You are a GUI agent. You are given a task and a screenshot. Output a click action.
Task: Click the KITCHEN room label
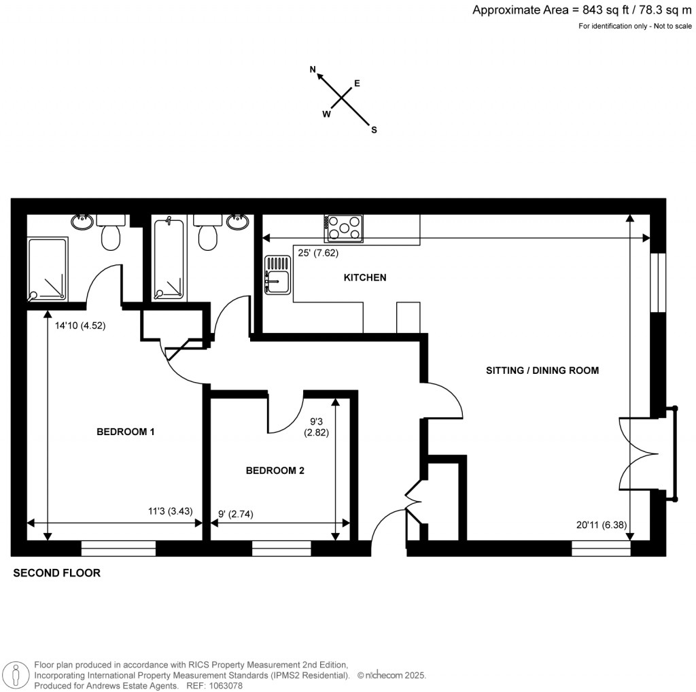pyautogui.click(x=365, y=277)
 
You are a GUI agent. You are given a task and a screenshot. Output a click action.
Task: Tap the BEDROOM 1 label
pyautogui.click(x=126, y=432)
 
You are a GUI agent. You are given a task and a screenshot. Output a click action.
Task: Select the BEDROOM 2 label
pyautogui.click(x=275, y=470)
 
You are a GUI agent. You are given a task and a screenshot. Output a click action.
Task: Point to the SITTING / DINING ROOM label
pyautogui.click(x=542, y=370)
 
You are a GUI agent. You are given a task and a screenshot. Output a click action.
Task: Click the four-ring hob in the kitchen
pyautogui.click(x=343, y=228)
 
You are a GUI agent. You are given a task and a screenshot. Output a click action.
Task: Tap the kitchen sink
pyautogui.click(x=278, y=275)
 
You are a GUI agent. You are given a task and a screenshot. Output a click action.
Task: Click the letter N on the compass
pyautogui.click(x=313, y=69)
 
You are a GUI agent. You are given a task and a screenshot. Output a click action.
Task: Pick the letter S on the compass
pyautogui.click(x=375, y=130)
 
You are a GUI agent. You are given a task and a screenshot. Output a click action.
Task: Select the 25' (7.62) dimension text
pyautogui.click(x=318, y=253)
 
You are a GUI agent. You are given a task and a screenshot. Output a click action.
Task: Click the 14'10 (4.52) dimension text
pyautogui.click(x=80, y=326)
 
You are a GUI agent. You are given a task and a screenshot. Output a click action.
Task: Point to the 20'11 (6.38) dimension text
pyautogui.click(x=602, y=525)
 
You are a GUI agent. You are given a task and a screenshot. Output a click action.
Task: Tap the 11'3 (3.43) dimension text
pyautogui.click(x=171, y=511)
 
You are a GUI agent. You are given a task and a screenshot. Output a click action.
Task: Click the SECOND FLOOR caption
pyautogui.click(x=57, y=573)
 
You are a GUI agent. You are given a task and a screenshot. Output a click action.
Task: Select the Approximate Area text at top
pyautogui.click(x=582, y=10)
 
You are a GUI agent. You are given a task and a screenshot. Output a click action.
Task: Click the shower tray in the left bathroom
pyautogui.click(x=48, y=269)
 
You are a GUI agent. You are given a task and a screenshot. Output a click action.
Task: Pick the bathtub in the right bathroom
pyautogui.click(x=169, y=259)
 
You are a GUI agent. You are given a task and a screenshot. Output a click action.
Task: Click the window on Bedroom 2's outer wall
pyautogui.click(x=281, y=549)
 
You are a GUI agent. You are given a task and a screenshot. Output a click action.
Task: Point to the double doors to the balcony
pyautogui.click(x=638, y=453)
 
